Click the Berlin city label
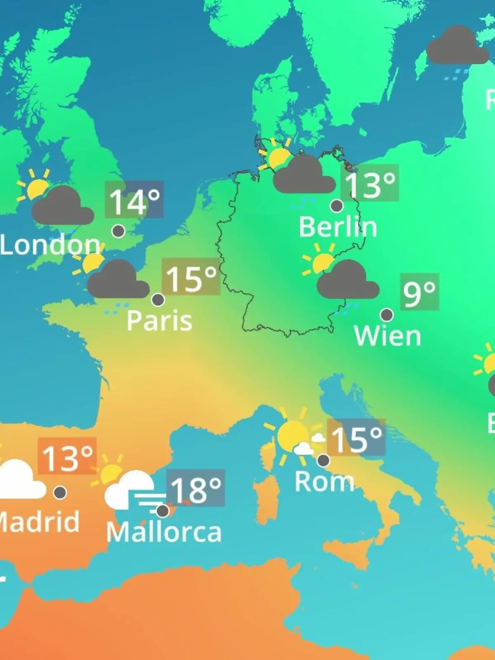[x=338, y=227]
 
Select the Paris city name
[x=159, y=321]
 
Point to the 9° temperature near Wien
[x=419, y=292]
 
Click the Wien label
[x=387, y=336]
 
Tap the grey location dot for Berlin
[x=337, y=205]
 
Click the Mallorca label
[x=164, y=532]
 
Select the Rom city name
[x=324, y=481]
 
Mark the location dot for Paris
[x=158, y=299]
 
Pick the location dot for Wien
[x=387, y=315]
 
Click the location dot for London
[x=118, y=231]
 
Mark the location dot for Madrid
[x=60, y=492]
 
